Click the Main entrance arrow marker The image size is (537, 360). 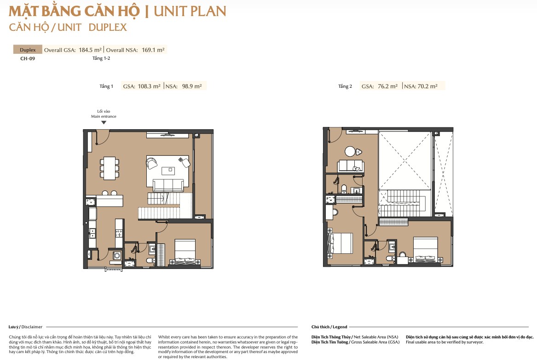[104, 122]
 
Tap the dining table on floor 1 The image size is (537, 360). [110, 168]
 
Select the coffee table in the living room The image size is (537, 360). [168, 171]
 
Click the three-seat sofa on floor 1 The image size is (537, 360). [168, 185]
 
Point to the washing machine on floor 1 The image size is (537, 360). [117, 255]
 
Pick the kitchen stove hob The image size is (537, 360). [119, 234]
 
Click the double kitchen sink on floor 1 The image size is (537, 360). [92, 233]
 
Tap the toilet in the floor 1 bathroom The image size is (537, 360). [150, 261]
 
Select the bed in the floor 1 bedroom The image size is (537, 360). [185, 251]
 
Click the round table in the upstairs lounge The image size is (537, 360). [350, 151]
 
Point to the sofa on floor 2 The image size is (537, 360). [350, 166]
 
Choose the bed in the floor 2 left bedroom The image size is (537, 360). [341, 243]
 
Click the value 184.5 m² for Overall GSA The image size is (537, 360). [90, 50]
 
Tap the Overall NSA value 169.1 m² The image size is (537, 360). [153, 50]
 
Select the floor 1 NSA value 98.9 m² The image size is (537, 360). [192, 86]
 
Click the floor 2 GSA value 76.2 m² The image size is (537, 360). [388, 86]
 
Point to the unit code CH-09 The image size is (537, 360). [28, 58]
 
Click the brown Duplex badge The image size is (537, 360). [28, 50]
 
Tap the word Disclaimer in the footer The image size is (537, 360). [32, 327]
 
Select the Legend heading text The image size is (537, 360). [340, 327]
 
